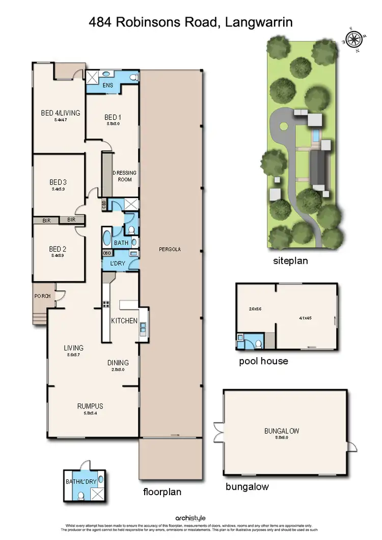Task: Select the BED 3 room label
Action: (x=58, y=182)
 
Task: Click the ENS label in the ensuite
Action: (x=108, y=85)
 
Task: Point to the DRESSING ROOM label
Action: (x=124, y=176)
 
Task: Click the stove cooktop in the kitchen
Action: (x=107, y=305)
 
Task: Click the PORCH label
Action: (x=42, y=295)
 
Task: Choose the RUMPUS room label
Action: (x=91, y=406)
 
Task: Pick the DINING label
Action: (x=118, y=363)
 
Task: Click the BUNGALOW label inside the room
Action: (x=281, y=431)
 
